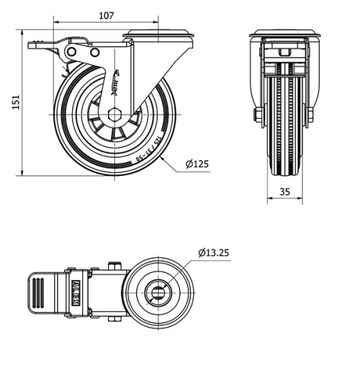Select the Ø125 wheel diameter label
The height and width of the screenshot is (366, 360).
[x=197, y=164]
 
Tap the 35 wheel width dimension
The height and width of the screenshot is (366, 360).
[x=284, y=192]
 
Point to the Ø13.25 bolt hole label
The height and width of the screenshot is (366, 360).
[x=214, y=252]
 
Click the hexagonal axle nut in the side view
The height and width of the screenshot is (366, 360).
[x=114, y=115]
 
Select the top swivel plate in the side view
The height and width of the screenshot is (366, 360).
[x=159, y=33]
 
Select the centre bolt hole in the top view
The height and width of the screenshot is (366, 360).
[x=158, y=292]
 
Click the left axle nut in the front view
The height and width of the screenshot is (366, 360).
[x=257, y=115]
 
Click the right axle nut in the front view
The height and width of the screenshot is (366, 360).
[x=311, y=115]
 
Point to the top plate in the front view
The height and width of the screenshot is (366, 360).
[x=284, y=33]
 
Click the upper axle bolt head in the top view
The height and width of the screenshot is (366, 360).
[x=113, y=266]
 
